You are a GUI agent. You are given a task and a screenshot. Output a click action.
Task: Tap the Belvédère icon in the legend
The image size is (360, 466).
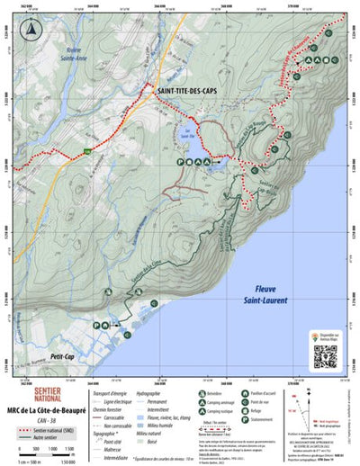(x=198, y=394)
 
